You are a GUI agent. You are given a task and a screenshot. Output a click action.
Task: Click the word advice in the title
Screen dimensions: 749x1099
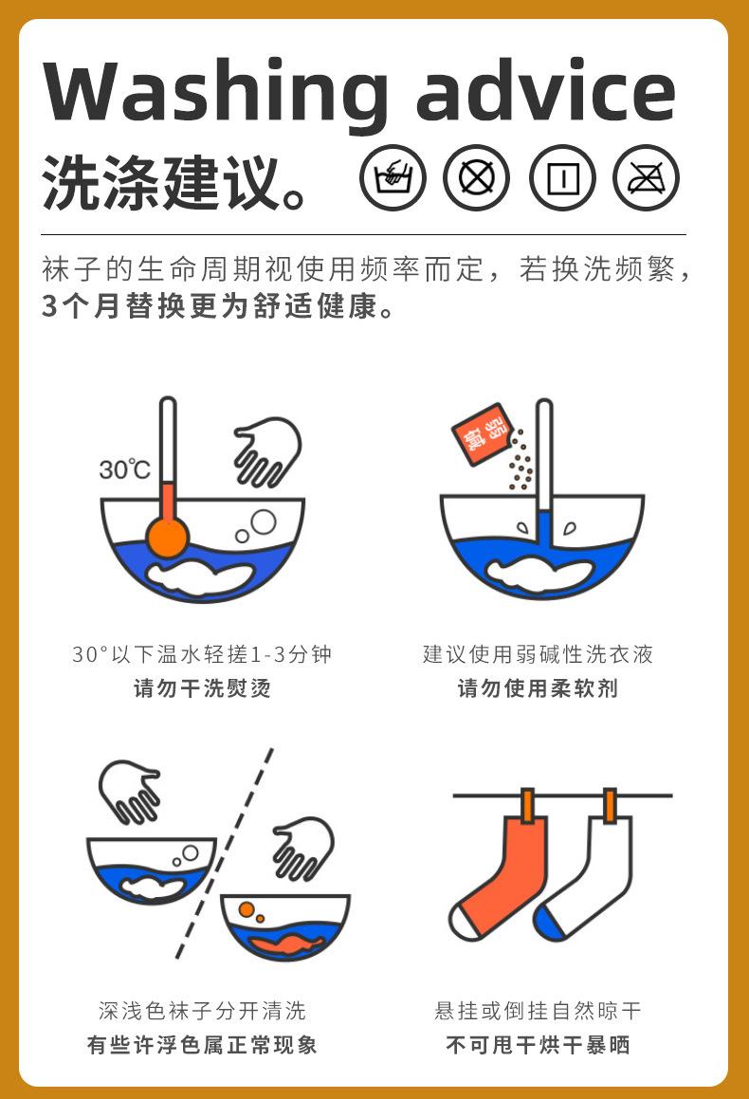tap(546, 90)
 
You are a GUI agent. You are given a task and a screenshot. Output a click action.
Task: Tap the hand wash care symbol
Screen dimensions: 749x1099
tap(393, 178)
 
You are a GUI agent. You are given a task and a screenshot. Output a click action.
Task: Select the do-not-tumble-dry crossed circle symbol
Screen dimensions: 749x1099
tap(477, 178)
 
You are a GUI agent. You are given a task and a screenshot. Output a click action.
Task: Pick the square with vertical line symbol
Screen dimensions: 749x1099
tap(562, 178)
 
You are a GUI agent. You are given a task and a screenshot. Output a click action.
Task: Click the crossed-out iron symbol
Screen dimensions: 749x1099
tap(646, 178)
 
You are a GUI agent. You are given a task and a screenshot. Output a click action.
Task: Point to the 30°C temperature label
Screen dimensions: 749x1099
tap(125, 468)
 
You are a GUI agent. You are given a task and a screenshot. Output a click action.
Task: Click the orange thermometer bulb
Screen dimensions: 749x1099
tap(168, 538)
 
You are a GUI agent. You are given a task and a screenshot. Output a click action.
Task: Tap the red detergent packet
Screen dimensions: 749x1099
tap(482, 434)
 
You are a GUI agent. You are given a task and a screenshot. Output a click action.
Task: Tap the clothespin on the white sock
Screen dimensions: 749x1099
tap(611, 805)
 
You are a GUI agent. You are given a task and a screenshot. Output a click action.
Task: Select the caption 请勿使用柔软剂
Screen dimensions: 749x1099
tap(539, 688)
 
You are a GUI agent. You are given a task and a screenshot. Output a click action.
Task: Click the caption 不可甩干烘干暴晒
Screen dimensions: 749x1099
tap(539, 1045)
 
